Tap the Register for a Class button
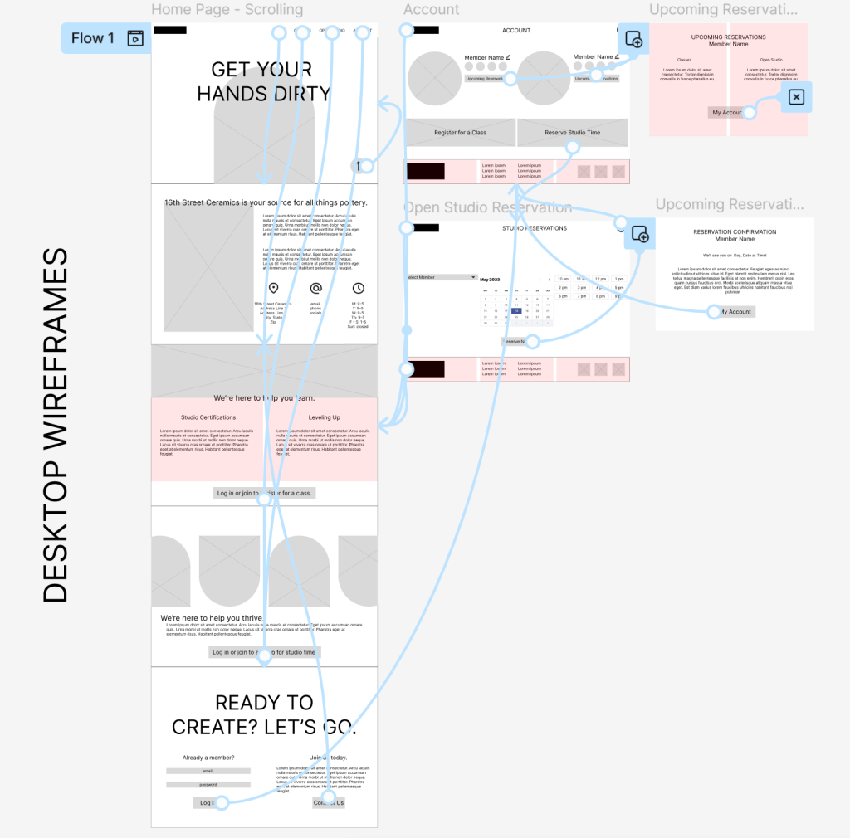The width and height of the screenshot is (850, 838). pyautogui.click(x=460, y=133)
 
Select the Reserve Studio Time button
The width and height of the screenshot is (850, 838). pyautogui.click(x=572, y=133)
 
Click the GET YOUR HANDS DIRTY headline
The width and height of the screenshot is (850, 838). pyautogui.click(x=263, y=81)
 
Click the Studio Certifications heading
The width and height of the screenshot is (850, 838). pyautogui.click(x=208, y=417)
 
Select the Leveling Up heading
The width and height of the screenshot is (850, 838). pyautogui.click(x=324, y=417)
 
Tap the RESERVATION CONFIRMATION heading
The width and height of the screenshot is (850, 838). pyautogui.click(x=735, y=232)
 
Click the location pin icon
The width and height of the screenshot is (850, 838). pyautogui.click(x=273, y=289)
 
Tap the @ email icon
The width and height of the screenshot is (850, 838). pyautogui.click(x=315, y=289)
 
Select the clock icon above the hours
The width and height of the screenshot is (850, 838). pyautogui.click(x=359, y=289)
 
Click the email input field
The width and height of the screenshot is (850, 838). pyautogui.click(x=208, y=771)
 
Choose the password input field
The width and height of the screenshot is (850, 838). pyautogui.click(x=208, y=784)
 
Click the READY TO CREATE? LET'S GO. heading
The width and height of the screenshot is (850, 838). pyautogui.click(x=264, y=715)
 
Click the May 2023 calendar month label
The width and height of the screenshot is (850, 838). pyautogui.click(x=490, y=280)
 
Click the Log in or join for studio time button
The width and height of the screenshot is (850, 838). pyautogui.click(x=264, y=652)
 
